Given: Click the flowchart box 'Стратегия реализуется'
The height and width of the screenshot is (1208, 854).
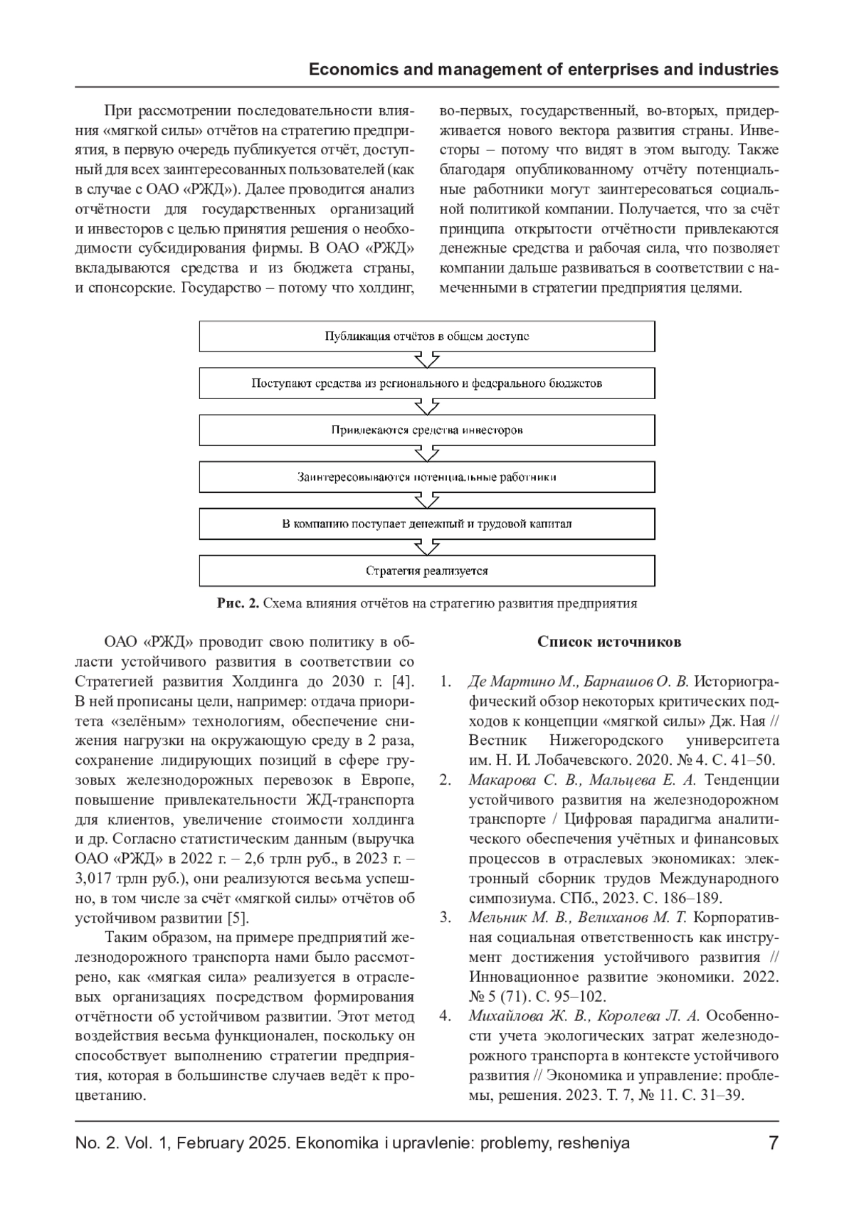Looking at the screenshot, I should click(x=426, y=571).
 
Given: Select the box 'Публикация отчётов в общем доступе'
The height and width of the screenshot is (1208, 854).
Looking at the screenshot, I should click(x=426, y=337).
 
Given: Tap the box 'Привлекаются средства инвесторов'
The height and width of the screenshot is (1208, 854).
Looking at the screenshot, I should click(x=426, y=430).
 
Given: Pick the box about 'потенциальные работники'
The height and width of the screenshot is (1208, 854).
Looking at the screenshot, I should click(x=426, y=477).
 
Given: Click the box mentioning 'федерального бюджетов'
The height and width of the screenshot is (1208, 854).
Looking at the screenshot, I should click(x=426, y=383).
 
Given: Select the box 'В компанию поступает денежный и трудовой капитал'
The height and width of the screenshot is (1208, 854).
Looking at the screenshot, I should click(x=426, y=524).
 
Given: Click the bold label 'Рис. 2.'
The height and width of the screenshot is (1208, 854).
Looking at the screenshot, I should click(x=238, y=604).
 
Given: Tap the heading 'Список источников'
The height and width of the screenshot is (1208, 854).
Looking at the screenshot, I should click(x=609, y=642).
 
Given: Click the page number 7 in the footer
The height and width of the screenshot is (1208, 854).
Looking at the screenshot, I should click(x=773, y=1143).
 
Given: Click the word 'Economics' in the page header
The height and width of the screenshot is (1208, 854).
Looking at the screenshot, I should click(x=352, y=70).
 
